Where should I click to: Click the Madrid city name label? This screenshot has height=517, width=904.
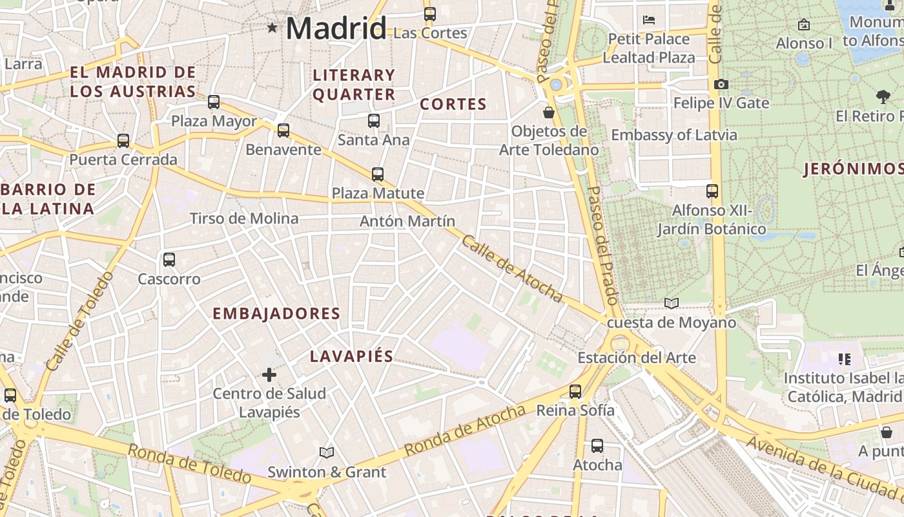336,28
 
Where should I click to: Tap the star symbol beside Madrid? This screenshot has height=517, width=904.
272,28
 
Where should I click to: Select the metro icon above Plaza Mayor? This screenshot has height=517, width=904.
214,102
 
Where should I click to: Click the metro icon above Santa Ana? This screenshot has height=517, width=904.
373,121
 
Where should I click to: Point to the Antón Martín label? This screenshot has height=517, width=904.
407,222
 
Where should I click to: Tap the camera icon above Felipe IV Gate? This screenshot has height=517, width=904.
721,85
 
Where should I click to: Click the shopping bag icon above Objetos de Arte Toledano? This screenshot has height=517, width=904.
549,112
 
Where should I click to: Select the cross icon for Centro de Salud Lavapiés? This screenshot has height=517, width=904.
269,374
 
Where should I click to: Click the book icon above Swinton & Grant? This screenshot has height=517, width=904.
327,453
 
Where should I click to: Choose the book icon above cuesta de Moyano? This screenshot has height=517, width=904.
672,303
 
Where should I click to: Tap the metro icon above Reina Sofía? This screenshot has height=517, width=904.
575,391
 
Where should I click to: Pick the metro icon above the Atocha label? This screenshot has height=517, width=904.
597,446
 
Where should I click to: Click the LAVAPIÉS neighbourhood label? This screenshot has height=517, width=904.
351,356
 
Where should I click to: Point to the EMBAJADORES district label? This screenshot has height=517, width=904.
276,314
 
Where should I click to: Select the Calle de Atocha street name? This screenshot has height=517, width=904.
512,268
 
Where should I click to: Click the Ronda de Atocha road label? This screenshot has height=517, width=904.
465,430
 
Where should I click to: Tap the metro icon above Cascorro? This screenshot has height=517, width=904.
169,260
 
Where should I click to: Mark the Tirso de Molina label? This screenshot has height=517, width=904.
244,219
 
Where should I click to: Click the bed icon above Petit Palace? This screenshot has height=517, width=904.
650,20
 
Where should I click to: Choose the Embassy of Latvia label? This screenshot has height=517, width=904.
673,136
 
